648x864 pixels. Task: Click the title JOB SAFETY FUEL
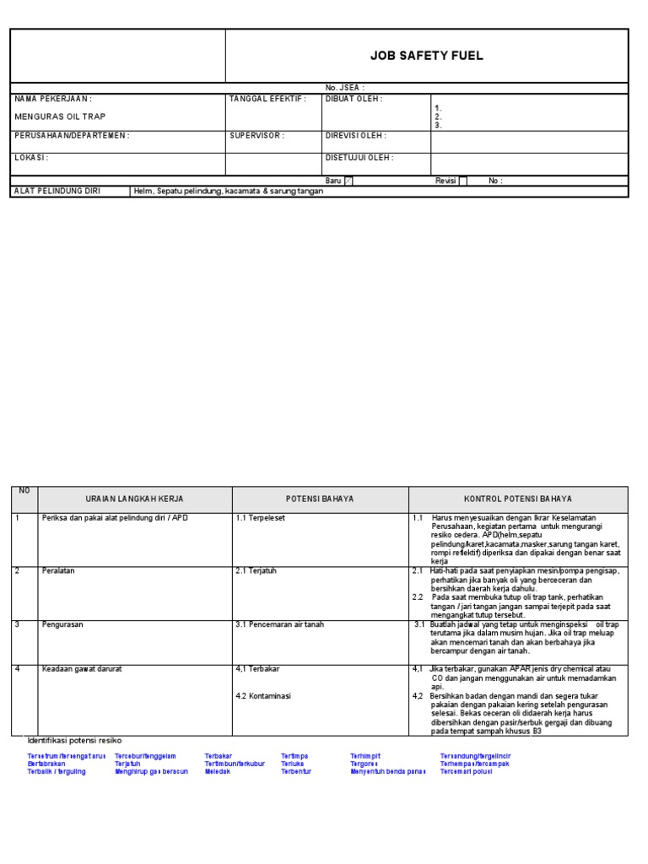pyautogui.click(x=426, y=57)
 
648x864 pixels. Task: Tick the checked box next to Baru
pyautogui.click(x=349, y=181)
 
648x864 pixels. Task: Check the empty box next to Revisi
pyautogui.click(x=462, y=181)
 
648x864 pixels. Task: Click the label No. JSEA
pyautogui.click(x=345, y=88)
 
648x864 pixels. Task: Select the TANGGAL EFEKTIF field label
pyautogui.click(x=267, y=99)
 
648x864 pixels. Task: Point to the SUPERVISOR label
pyautogui.click(x=256, y=135)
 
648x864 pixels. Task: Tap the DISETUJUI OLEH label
pyautogui.click(x=359, y=157)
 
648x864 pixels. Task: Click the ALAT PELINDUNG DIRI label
pyautogui.click(x=57, y=191)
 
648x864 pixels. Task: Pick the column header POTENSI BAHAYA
pyautogui.click(x=320, y=499)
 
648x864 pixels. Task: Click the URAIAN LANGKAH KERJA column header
pyautogui.click(x=134, y=499)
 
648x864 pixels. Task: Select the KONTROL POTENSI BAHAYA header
pyautogui.click(x=518, y=499)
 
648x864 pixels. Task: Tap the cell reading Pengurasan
pyautogui.click(x=63, y=624)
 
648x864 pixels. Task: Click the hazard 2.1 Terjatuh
pyautogui.click(x=259, y=570)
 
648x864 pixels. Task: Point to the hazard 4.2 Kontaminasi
pyautogui.click(x=263, y=696)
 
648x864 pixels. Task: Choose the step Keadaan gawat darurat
pyautogui.click(x=84, y=669)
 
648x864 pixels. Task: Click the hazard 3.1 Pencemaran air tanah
pyautogui.click(x=279, y=624)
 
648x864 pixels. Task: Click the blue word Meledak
pyautogui.click(x=217, y=771)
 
